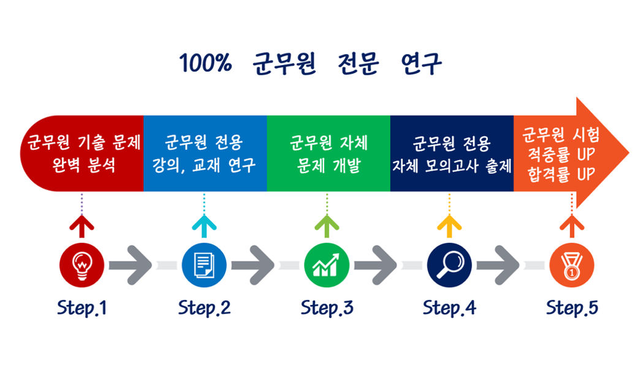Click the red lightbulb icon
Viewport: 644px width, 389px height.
point(81,265)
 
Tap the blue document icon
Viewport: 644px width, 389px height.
point(204,265)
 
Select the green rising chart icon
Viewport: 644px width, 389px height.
point(327,265)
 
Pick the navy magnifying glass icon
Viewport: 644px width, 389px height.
point(449,265)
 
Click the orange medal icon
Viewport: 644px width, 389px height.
point(572,265)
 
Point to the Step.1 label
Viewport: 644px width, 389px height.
point(81,308)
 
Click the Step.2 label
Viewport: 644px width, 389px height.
point(204,308)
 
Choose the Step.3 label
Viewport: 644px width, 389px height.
point(327,308)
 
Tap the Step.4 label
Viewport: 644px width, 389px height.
point(449,308)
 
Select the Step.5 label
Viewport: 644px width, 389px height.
point(572,308)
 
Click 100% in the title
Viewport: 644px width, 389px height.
point(205,63)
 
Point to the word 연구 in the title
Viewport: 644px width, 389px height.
point(422,64)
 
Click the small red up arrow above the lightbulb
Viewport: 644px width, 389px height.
point(81,226)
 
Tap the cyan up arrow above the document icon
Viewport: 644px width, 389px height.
point(204,226)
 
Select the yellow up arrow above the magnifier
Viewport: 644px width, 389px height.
point(449,226)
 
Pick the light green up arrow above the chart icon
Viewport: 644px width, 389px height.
point(327,226)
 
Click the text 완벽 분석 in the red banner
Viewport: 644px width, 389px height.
point(84,165)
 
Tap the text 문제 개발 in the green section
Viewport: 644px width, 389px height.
point(328,165)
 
